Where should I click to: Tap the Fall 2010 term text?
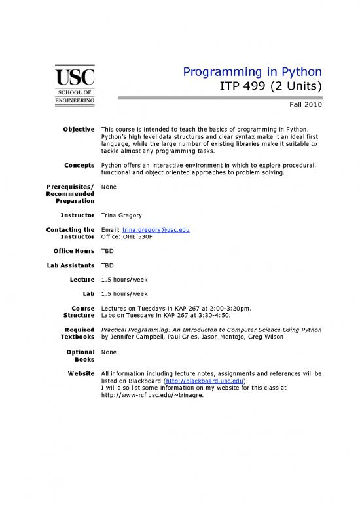click(x=305, y=105)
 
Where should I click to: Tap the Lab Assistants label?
click(x=69, y=265)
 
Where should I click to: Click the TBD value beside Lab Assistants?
click(x=108, y=265)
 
